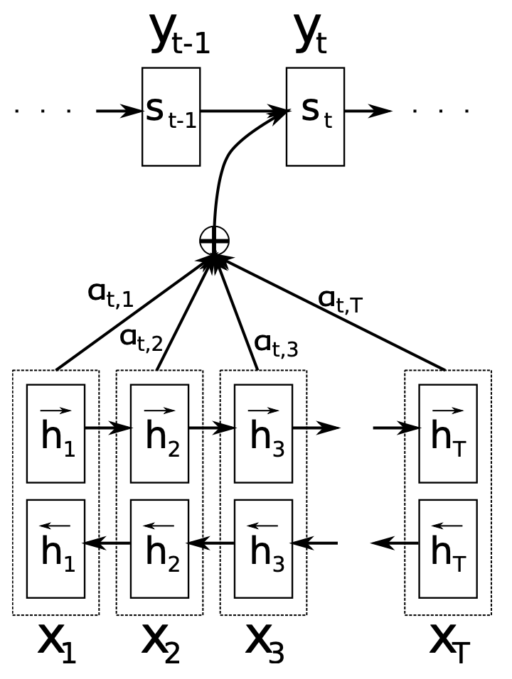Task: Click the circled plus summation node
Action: (x=214, y=241)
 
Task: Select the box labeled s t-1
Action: (x=171, y=116)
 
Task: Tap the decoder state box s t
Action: (x=315, y=116)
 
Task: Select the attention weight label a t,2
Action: (x=142, y=339)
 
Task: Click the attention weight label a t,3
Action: (x=276, y=345)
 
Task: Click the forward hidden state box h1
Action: (x=55, y=433)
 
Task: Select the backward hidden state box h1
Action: (x=55, y=548)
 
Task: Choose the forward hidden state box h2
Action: (x=159, y=433)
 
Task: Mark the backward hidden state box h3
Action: (x=263, y=548)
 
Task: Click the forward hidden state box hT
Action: (x=447, y=433)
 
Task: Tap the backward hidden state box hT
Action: (x=447, y=548)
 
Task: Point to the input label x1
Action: (x=56, y=643)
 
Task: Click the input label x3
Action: (x=264, y=643)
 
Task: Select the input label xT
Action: (x=449, y=643)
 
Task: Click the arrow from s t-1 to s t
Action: (x=242, y=112)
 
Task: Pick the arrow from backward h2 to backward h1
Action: (x=107, y=543)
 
